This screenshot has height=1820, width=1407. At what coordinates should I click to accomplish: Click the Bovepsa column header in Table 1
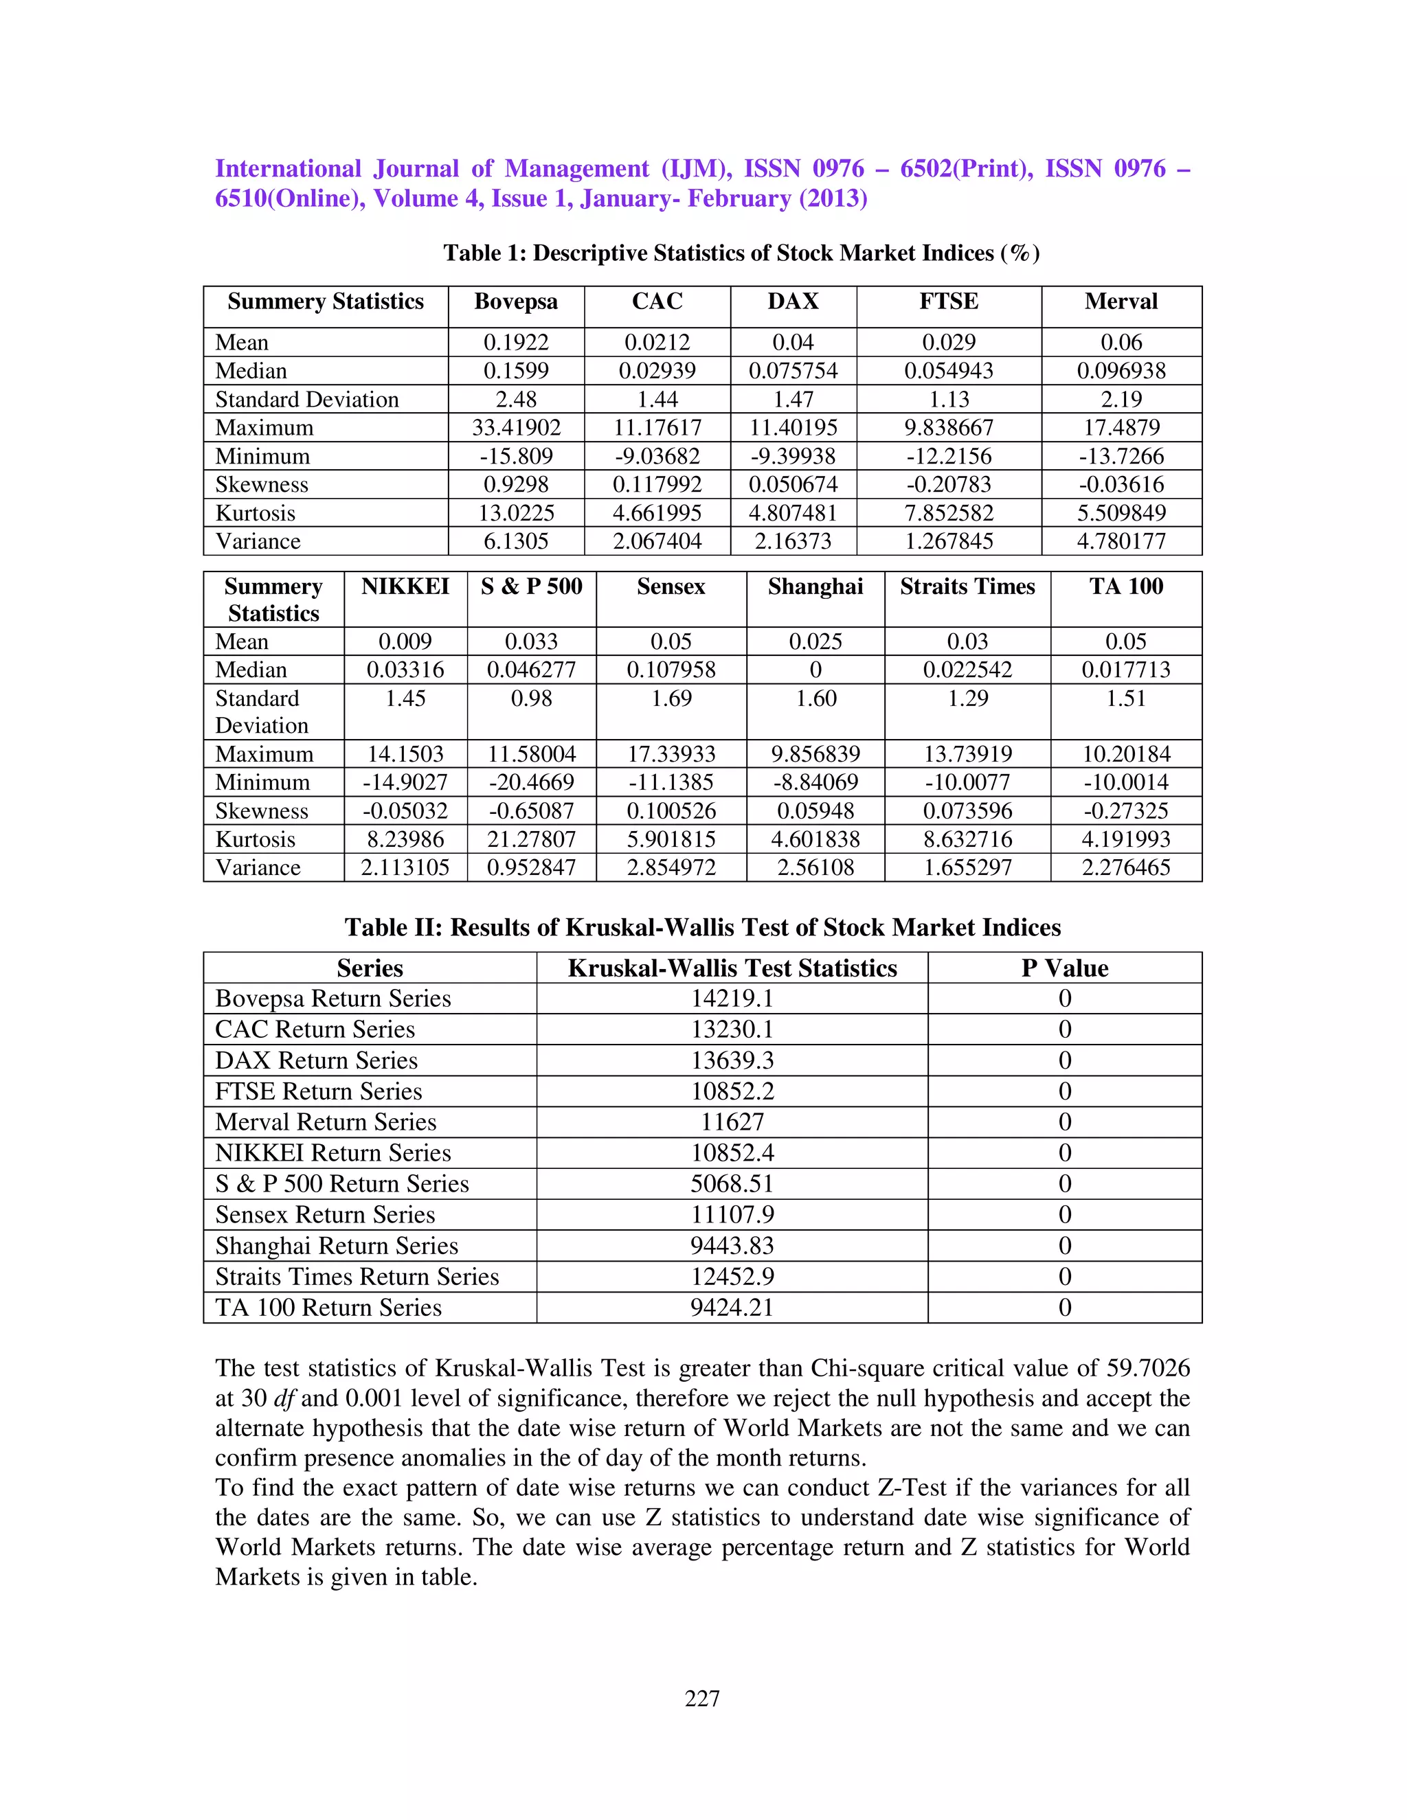click(x=516, y=302)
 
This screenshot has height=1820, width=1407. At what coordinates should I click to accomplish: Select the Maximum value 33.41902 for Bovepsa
click(x=516, y=427)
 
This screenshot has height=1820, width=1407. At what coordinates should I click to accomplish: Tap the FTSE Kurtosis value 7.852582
click(x=949, y=512)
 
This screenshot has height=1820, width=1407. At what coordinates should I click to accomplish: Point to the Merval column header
click(x=1121, y=302)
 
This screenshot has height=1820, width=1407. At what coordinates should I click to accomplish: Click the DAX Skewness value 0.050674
click(x=793, y=484)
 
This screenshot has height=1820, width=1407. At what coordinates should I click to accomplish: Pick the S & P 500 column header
click(x=532, y=587)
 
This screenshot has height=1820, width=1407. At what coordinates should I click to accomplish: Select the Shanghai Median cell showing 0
click(x=815, y=670)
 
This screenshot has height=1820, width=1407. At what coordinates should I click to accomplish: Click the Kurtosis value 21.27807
click(x=532, y=839)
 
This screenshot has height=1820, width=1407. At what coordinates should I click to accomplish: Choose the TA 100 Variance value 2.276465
click(x=1125, y=867)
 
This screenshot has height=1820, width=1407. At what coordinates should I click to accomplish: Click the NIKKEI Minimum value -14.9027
click(x=405, y=782)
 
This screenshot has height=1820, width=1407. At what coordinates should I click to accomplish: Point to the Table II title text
click(x=703, y=927)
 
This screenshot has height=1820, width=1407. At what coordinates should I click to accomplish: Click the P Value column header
click(x=1064, y=968)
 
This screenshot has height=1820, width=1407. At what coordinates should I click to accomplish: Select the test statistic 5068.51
click(x=732, y=1184)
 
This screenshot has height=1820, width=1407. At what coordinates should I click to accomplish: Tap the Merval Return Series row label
click(x=326, y=1122)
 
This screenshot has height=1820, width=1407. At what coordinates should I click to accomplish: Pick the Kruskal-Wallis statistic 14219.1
click(x=732, y=999)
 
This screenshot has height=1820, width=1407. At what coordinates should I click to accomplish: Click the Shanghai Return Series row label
click(x=337, y=1246)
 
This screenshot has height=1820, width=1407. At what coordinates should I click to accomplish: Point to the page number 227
click(x=703, y=1698)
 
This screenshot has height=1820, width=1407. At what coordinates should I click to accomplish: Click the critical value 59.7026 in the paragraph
click(x=1148, y=1368)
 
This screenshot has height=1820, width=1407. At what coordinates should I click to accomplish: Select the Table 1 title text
click(x=741, y=253)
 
